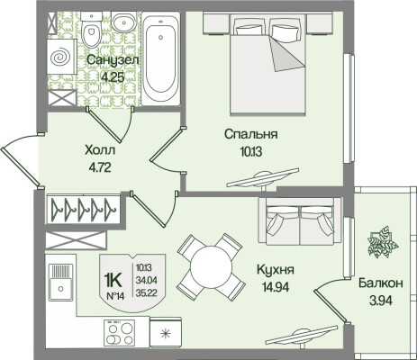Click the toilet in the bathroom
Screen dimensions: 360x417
90,33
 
